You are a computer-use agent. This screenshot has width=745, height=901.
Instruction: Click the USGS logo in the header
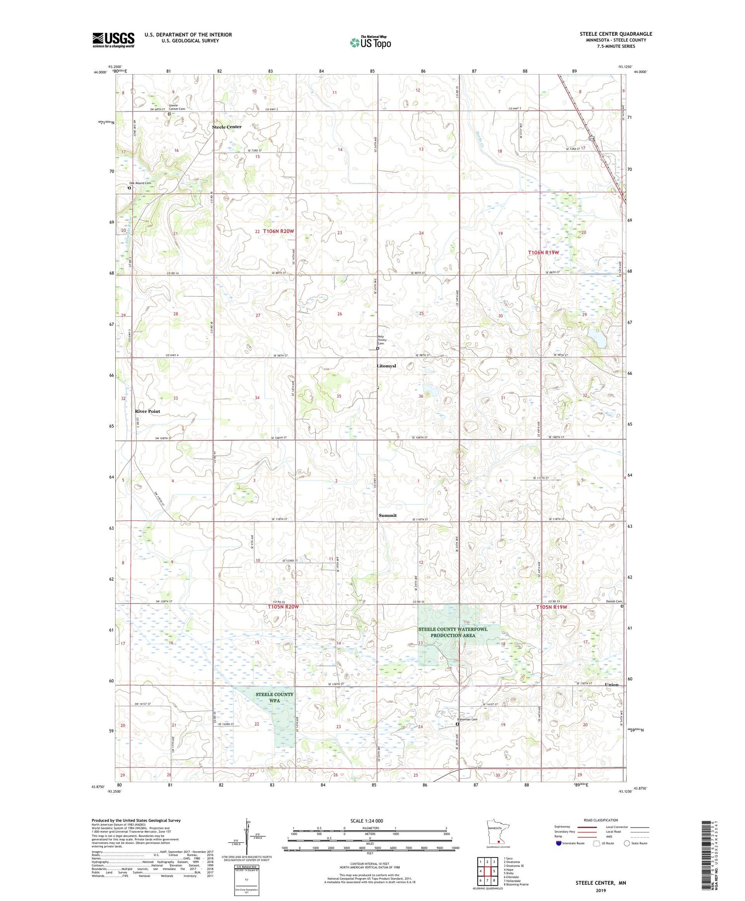(x=113, y=40)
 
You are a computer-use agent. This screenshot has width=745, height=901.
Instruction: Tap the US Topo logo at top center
(x=370, y=42)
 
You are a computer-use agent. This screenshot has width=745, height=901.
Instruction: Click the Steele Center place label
(x=226, y=127)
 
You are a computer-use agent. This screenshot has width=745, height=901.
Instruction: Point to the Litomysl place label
(x=386, y=366)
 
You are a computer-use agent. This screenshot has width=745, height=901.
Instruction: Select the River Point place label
(x=148, y=411)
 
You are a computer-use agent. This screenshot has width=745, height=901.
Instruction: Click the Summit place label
(x=387, y=515)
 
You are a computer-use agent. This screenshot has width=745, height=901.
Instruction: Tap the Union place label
(x=612, y=684)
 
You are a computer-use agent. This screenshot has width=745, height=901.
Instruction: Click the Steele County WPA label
(x=275, y=697)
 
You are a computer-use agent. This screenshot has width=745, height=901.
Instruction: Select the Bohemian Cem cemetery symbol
(x=457, y=724)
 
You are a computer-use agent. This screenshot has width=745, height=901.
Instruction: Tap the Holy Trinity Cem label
(x=381, y=339)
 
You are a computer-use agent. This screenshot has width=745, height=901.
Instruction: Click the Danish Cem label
(x=614, y=601)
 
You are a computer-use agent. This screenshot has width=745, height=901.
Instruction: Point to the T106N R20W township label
(x=279, y=232)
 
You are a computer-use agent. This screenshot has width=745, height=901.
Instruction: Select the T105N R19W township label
(x=551, y=607)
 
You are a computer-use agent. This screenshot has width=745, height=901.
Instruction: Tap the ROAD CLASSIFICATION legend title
(x=601, y=820)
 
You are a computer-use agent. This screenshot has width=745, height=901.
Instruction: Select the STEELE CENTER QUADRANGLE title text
(x=616, y=34)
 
